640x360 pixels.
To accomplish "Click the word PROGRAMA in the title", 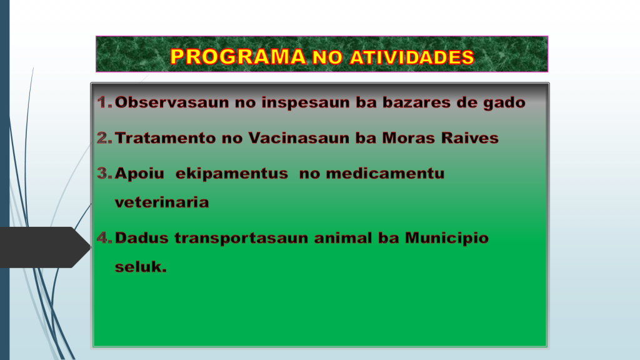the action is [238, 57].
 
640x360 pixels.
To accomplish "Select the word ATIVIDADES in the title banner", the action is [412, 57].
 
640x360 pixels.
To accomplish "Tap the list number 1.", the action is [104, 102].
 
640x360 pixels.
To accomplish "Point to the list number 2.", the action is [104, 137].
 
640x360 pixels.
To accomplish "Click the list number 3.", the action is [104, 173].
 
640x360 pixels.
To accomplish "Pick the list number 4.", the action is [104, 237].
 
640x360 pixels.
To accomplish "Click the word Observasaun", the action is [172, 102].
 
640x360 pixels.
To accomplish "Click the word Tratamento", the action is [165, 138].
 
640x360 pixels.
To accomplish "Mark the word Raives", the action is [470, 138].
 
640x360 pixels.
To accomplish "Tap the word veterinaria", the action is [162, 202].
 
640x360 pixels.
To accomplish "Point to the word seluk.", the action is [141, 266].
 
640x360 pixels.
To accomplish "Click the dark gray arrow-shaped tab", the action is [45, 247].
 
